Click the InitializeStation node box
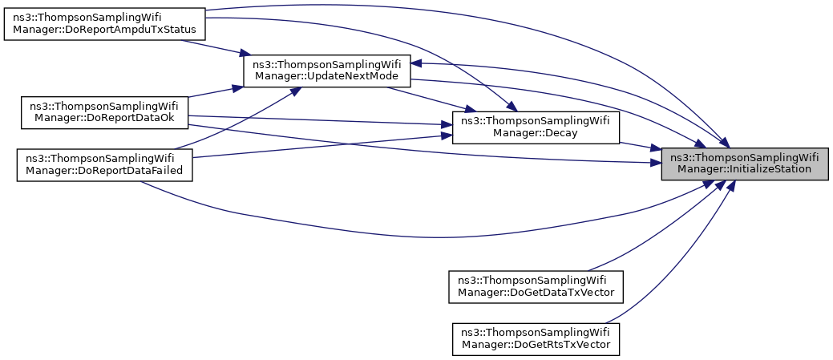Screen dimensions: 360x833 click(x=744, y=163)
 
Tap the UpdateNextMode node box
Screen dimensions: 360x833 click(x=327, y=70)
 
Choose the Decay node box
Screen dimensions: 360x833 click(x=536, y=128)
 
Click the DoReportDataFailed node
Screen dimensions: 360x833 click(x=103, y=164)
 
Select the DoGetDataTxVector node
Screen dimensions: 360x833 click(x=536, y=285)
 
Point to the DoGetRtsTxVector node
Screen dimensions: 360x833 click(x=536, y=338)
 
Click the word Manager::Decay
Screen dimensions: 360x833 click(x=536, y=135)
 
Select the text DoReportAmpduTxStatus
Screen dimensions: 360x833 click(x=126, y=30)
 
